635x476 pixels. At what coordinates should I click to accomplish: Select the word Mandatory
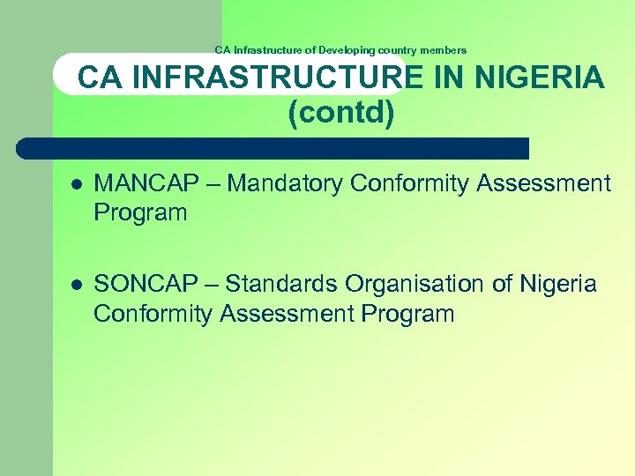tap(288, 183)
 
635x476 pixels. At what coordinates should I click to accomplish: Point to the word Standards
tap(282, 284)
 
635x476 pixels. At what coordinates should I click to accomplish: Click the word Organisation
tap(406, 284)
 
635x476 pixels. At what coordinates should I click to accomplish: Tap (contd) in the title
tap(340, 113)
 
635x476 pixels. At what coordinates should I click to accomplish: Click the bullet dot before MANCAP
tap(77, 184)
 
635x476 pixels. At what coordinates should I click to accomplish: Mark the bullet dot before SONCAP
tap(77, 285)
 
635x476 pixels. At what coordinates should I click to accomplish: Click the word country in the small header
tap(399, 50)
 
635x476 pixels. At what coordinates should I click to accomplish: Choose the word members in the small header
tap(444, 50)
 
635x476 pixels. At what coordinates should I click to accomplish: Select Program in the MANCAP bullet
tap(140, 212)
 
